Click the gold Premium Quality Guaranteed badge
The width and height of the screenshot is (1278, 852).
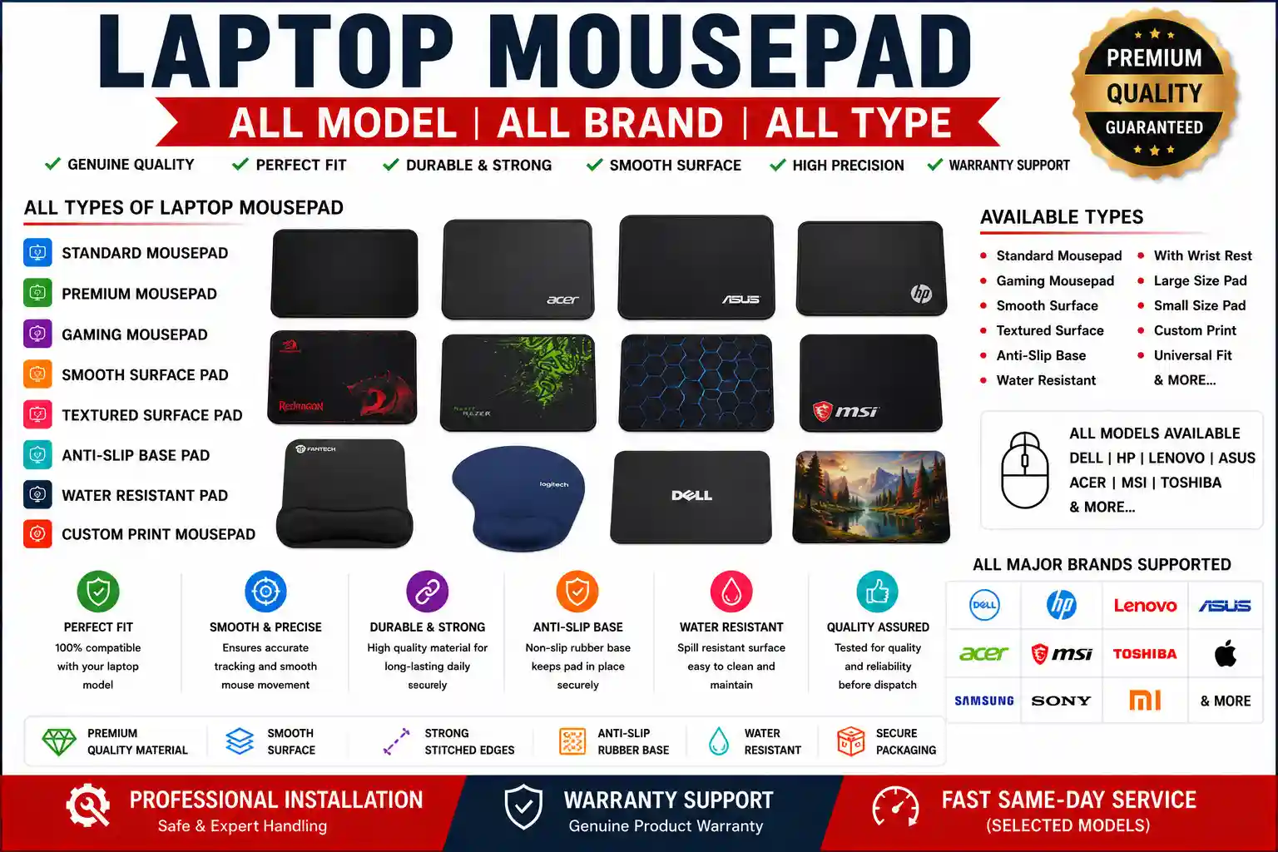[x=1154, y=92]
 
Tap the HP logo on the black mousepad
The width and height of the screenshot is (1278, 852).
[x=921, y=294]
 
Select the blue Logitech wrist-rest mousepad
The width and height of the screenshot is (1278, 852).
[x=518, y=498]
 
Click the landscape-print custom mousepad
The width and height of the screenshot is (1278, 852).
[x=871, y=497]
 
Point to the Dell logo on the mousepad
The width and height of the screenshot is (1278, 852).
[x=691, y=495]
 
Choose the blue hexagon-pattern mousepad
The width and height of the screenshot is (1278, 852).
[x=696, y=383]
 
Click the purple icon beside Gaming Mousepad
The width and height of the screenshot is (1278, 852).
[x=37, y=334]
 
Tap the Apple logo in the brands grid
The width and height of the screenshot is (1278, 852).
[x=1225, y=653]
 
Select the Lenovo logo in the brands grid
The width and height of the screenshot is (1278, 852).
[x=1145, y=605]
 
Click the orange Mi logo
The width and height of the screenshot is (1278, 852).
[x=1145, y=701]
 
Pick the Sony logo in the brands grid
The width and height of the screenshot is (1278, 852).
[x=1061, y=701]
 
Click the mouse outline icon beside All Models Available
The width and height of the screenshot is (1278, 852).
[x=1025, y=470]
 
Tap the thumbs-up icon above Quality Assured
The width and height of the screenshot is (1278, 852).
[x=878, y=592]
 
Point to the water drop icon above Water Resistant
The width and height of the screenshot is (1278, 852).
[x=731, y=592]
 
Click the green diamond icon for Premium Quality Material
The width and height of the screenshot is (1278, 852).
[x=59, y=741]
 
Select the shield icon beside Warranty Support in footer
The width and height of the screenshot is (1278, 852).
[x=523, y=806]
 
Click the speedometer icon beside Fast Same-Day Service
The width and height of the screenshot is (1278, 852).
[x=896, y=807]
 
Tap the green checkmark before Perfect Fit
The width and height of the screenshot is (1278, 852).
[x=240, y=165]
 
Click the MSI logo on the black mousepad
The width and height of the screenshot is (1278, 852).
[x=845, y=410]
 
